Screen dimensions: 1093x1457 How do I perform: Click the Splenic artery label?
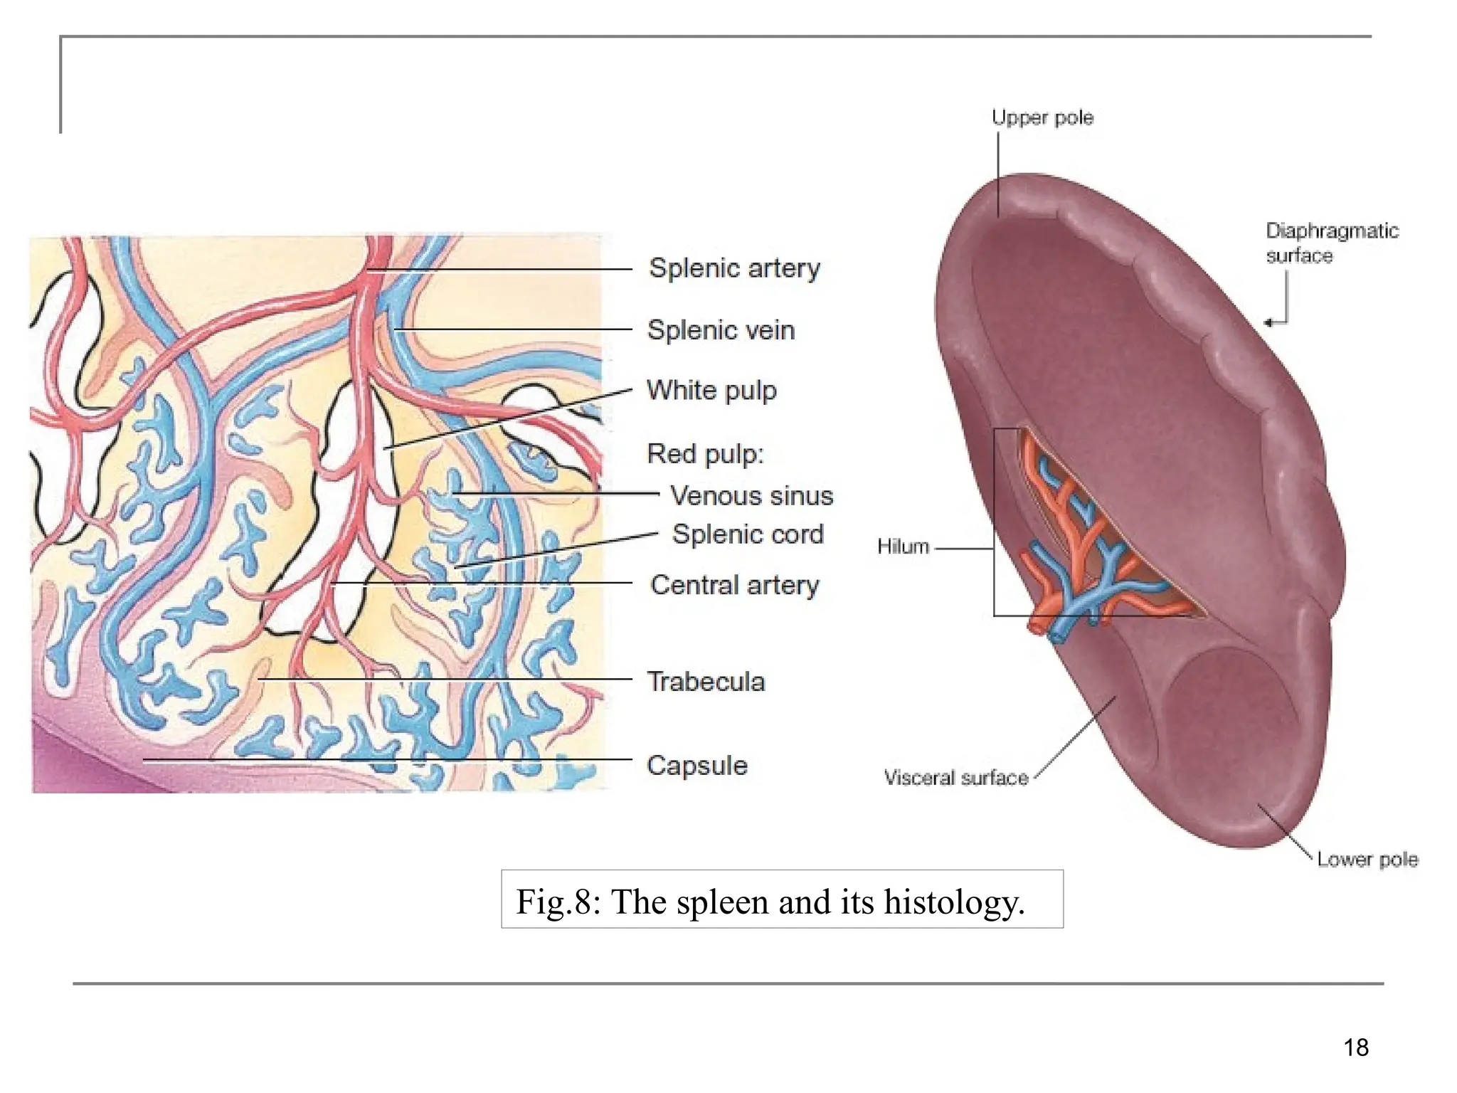[x=734, y=268]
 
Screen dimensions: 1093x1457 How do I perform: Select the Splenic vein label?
[x=720, y=330]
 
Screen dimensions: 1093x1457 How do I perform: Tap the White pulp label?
[x=711, y=391]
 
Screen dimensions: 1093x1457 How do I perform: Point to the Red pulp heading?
[x=704, y=453]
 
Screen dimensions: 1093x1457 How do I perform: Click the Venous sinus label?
[x=751, y=495]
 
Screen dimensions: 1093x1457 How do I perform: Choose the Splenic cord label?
[x=748, y=534]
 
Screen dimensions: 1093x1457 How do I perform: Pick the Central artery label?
[x=734, y=585]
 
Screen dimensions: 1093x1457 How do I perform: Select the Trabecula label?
[x=705, y=682]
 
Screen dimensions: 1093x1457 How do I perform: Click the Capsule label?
[x=696, y=766]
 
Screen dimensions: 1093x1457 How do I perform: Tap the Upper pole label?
[x=1042, y=117]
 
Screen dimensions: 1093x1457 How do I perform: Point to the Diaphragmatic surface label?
[x=1331, y=243]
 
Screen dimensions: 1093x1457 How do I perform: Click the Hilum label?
[x=903, y=546]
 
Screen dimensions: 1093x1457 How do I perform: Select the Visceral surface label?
[x=955, y=778]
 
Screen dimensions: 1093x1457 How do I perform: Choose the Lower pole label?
[x=1367, y=860]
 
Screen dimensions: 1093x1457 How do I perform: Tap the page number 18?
[x=1356, y=1047]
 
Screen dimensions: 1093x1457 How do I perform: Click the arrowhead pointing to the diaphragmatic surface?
[x=1269, y=323]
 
